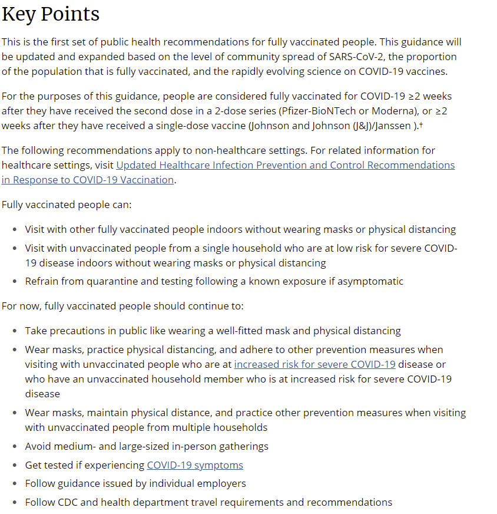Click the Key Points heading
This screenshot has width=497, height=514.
pos(51,14)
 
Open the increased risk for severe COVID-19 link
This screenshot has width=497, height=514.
pos(314,364)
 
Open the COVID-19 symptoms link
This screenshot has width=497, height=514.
pos(195,465)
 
